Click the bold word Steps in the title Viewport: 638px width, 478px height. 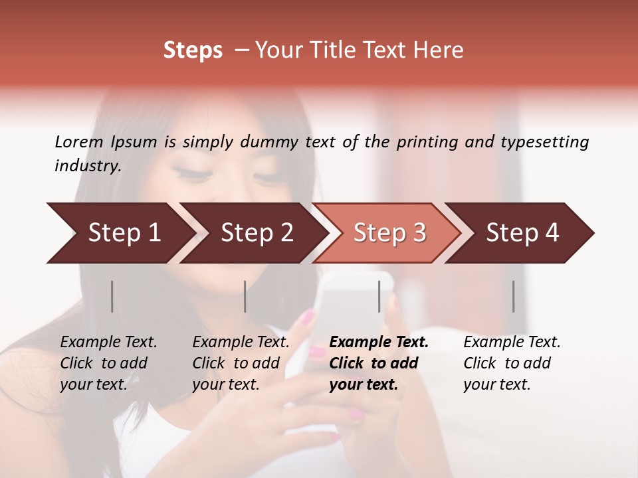(193, 50)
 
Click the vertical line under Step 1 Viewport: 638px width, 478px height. (112, 296)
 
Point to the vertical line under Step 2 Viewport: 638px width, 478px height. (245, 296)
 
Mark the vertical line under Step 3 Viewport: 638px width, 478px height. (379, 296)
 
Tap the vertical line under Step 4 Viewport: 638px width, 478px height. (514, 296)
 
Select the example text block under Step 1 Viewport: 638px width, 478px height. (108, 363)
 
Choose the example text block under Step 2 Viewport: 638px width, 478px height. (241, 363)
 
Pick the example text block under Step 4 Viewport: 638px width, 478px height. (512, 363)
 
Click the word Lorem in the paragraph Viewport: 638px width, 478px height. (79, 141)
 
